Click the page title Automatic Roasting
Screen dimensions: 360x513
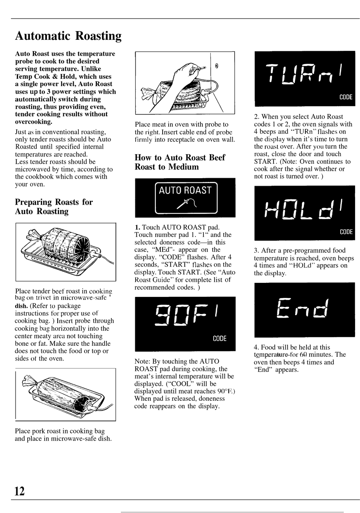coord(68,36)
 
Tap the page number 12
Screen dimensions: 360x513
coord(20,491)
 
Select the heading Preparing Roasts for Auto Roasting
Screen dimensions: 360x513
coord(54,207)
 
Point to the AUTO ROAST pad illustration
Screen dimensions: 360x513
coord(186,198)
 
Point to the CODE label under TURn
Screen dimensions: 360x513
coord(346,97)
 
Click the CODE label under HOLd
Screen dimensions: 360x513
coord(346,232)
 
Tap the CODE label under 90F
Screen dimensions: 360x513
coord(219,338)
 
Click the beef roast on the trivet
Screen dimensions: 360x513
coord(61,244)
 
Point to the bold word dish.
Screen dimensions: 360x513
coord(21,306)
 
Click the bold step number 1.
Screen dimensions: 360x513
coord(137,227)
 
